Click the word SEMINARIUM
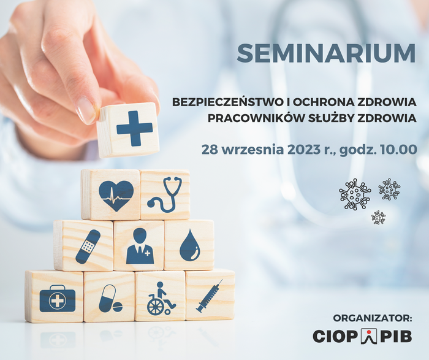pyautogui.click(x=326, y=53)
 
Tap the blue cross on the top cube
pyautogui.click(x=134, y=128)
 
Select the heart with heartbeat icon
pyautogui.click(x=116, y=196)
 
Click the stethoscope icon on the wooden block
pyautogui.click(x=165, y=194)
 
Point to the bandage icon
pyautogui.click(x=88, y=247)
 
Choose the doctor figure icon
pyautogui.click(x=140, y=246)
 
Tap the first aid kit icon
pyautogui.click(x=58, y=299)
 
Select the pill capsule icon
pyautogui.click(x=110, y=299)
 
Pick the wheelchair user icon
pyautogui.click(x=161, y=298)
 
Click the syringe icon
pyautogui.click(x=210, y=296)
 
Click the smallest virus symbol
pyautogui.click(x=378, y=217)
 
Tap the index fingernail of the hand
pyautogui.click(x=86, y=109)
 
